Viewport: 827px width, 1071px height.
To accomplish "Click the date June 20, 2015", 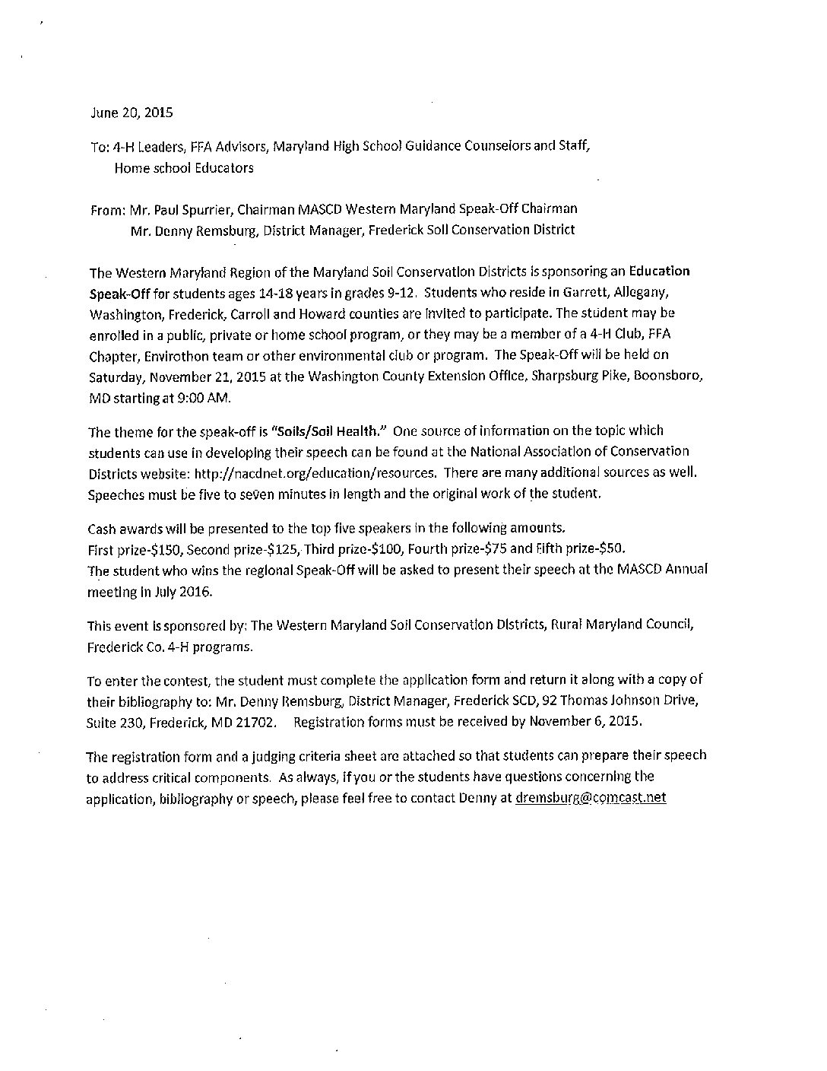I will (x=131, y=113).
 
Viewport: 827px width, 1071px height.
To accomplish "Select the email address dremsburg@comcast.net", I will (x=591, y=799).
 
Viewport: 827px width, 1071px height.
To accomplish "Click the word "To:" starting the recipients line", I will (x=100, y=147).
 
